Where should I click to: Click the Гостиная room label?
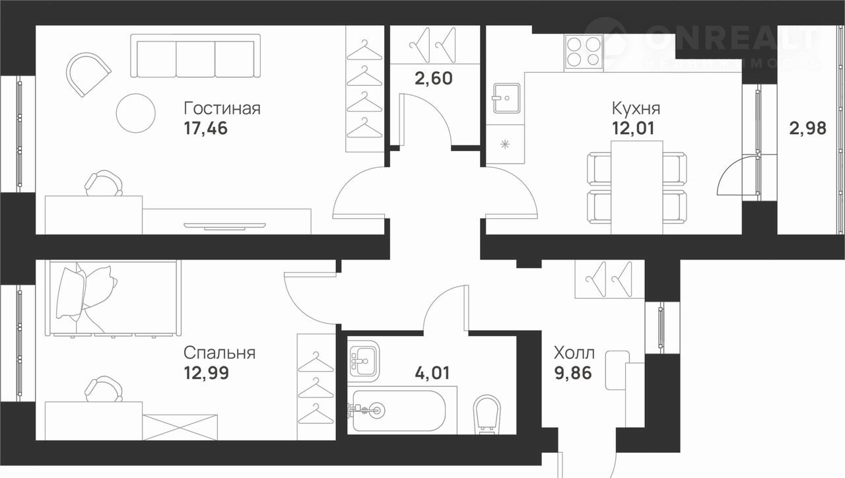[x=222, y=109]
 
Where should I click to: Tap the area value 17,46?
[x=205, y=129]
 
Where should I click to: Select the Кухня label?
[x=636, y=109]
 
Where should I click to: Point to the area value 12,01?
[x=633, y=129]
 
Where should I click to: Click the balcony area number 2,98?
[x=807, y=129]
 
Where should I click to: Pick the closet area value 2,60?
[x=434, y=79]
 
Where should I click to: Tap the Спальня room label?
[x=220, y=353]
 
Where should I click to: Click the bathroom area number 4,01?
[x=432, y=373]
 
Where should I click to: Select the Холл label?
[x=574, y=353]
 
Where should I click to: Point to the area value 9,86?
[x=572, y=373]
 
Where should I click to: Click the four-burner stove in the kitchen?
[x=584, y=53]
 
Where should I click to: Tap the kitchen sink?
[x=506, y=98]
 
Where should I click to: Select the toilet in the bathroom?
[x=487, y=415]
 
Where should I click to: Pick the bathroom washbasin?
[x=364, y=361]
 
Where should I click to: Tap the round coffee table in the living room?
[x=136, y=113]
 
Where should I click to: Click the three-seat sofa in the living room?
[x=195, y=56]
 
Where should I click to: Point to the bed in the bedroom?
[x=113, y=298]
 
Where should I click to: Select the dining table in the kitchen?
[x=637, y=188]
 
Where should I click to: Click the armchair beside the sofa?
[x=88, y=75]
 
